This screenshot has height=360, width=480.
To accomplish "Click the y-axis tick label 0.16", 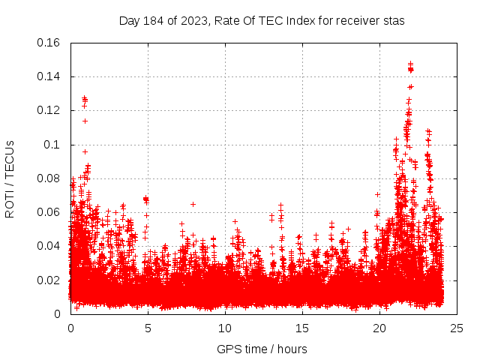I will tap(49, 43).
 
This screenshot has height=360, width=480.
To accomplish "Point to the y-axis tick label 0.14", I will tap(49, 76).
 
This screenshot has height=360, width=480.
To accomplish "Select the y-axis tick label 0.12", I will tap(49, 110).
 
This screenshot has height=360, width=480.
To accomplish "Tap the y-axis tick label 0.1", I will tap(53, 144).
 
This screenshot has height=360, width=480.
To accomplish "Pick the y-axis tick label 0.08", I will tap(49, 178).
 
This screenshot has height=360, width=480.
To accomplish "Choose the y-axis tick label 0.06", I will tap(49, 212).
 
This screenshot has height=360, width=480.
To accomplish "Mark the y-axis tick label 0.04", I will tap(49, 246).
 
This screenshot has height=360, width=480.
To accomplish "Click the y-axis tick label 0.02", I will tap(49, 280).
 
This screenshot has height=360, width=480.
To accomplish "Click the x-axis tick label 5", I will tap(148, 328).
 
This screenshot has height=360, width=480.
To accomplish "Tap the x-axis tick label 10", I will tap(225, 328).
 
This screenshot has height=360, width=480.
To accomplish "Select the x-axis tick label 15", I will tap(302, 328).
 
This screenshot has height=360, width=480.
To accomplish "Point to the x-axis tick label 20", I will tap(379, 328).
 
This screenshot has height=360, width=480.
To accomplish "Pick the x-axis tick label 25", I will tap(457, 328).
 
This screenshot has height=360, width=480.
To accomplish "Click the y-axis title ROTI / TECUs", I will tap(10, 178).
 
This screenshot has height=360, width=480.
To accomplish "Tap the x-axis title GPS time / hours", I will tap(262, 349).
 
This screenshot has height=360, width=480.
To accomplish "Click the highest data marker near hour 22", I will tap(410, 64).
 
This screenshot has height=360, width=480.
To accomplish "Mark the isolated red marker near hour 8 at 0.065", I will tap(193, 204).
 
